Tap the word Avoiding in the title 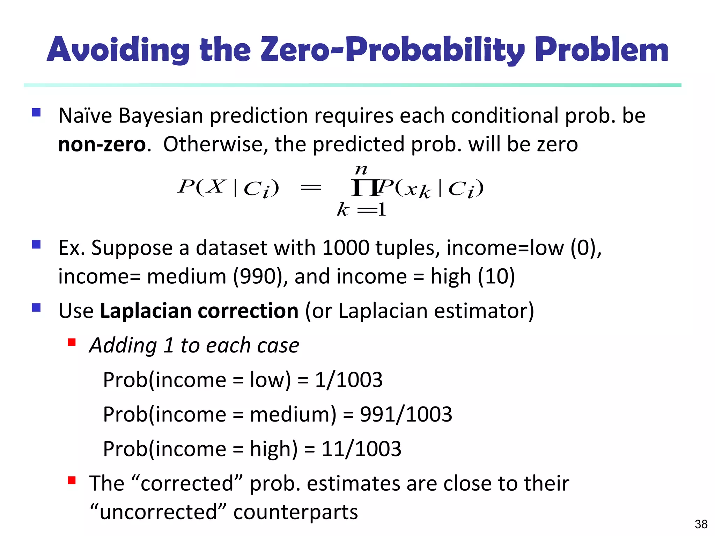click(x=118, y=50)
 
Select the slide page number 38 click(x=701, y=524)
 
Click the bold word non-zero click(x=102, y=144)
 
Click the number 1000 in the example click(x=346, y=248)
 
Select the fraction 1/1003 click(x=349, y=380)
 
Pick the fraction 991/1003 click(x=406, y=414)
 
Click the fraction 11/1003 click(x=361, y=449)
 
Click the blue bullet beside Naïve click(x=36, y=112)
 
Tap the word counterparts click(x=295, y=512)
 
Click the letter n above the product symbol click(x=361, y=170)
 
